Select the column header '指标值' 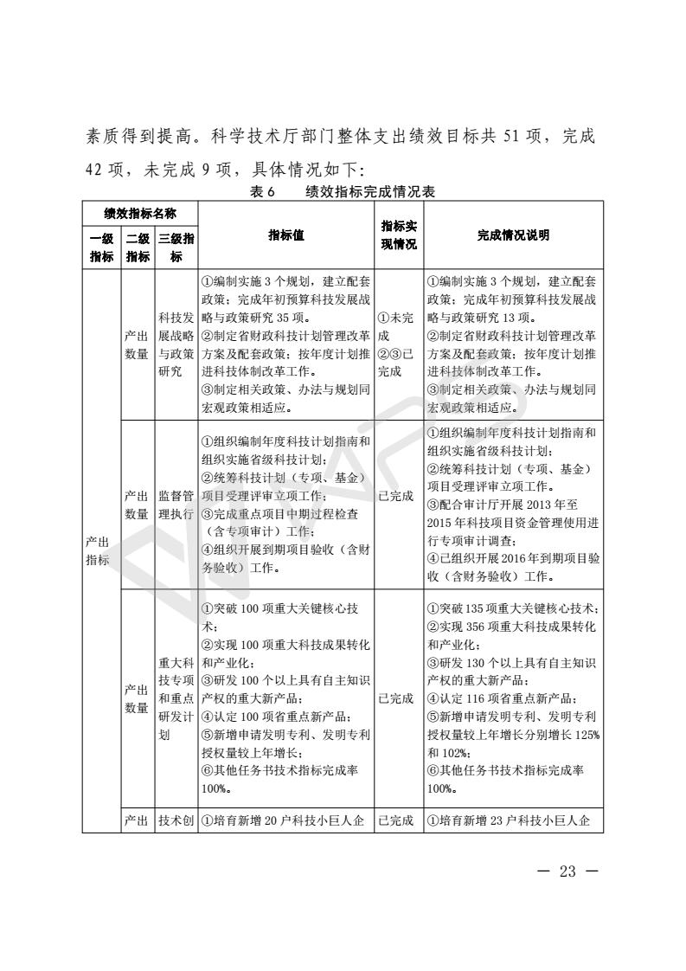coord(285,235)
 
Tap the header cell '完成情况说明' coord(513,235)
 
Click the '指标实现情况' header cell coord(399,235)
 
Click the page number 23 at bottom coord(567,871)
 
